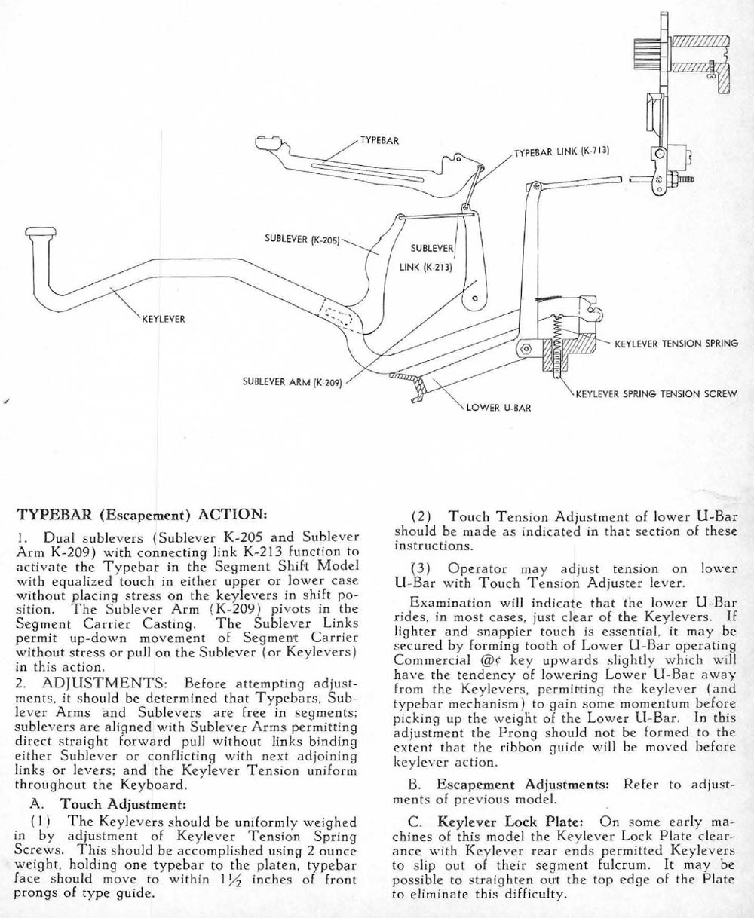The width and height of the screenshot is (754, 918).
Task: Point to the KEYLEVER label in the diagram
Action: pyautogui.click(x=164, y=319)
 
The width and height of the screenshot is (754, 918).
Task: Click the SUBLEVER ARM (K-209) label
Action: pyautogui.click(x=293, y=381)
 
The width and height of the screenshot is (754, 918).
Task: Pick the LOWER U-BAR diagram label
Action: pyautogui.click(x=498, y=408)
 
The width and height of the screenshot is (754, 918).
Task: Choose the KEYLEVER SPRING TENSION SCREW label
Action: pyautogui.click(x=656, y=393)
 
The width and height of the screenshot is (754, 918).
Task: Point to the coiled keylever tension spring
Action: pyautogui.click(x=558, y=335)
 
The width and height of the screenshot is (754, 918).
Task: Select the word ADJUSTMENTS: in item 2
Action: pyautogui.click(x=103, y=684)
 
